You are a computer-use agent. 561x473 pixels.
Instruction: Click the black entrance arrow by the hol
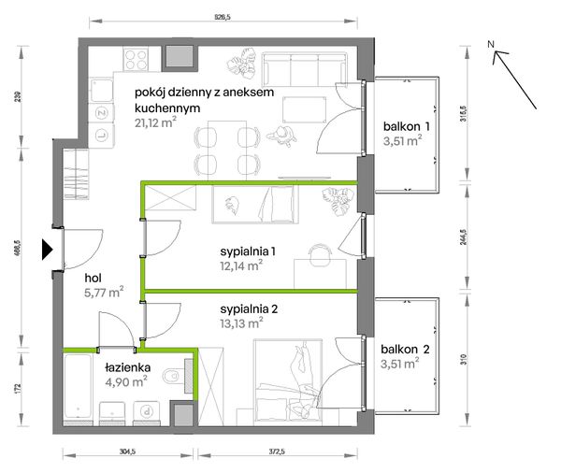(x=47, y=249)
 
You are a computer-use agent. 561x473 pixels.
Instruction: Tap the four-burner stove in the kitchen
(x=136, y=59)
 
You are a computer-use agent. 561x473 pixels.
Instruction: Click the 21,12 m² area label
(x=155, y=122)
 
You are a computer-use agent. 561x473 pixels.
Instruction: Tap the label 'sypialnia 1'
(x=248, y=251)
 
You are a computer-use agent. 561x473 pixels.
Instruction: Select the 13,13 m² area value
(x=241, y=323)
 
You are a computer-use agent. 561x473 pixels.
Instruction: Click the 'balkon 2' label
(x=405, y=350)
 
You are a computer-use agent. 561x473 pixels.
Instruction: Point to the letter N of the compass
(x=491, y=44)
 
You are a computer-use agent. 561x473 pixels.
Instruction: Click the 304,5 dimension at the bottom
(x=127, y=451)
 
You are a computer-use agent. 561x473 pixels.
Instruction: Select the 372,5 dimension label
(x=277, y=451)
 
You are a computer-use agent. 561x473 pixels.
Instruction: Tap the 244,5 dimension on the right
(x=464, y=236)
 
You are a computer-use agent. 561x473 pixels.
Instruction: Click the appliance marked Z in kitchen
(x=102, y=113)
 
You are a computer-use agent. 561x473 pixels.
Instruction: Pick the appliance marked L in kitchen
(x=102, y=136)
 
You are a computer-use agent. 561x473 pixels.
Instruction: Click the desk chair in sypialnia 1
(x=320, y=255)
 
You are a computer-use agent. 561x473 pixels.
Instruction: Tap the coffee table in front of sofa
(x=304, y=110)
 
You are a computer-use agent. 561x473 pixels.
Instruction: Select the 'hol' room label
(x=93, y=278)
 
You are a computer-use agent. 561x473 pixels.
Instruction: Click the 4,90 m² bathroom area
(x=126, y=381)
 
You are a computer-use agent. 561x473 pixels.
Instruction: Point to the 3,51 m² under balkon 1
(x=402, y=140)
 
